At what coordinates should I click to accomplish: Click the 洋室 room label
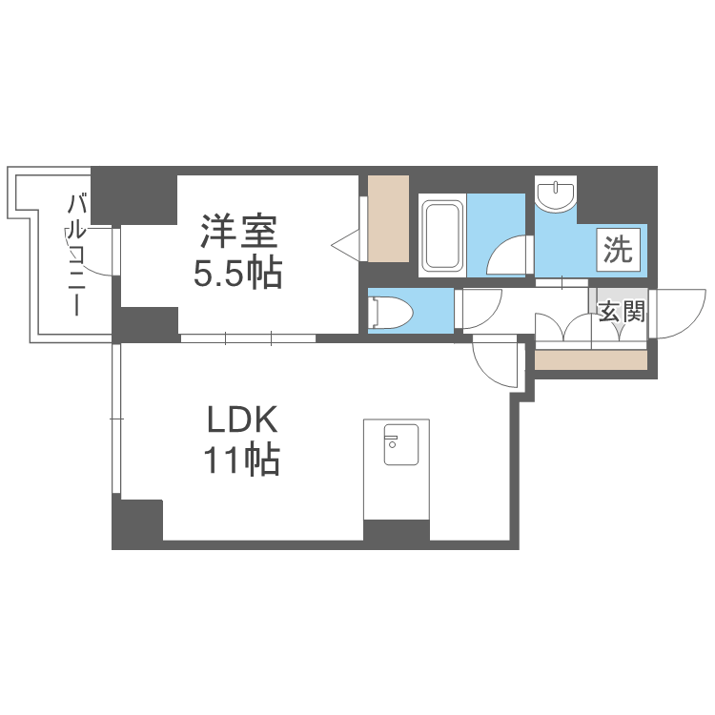tap(238, 233)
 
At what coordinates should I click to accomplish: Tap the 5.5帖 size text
tap(238, 274)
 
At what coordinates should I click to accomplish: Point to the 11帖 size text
tap(240, 460)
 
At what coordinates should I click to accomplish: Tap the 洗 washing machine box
tap(617, 251)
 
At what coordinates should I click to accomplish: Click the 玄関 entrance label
tap(623, 311)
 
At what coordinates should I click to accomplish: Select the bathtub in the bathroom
tap(442, 235)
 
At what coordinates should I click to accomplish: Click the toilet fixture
tap(392, 311)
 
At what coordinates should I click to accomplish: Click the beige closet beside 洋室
tap(388, 218)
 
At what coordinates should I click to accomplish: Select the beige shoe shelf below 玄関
tap(590, 360)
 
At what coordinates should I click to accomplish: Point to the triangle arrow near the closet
tap(346, 245)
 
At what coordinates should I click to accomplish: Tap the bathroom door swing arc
tap(507, 255)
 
